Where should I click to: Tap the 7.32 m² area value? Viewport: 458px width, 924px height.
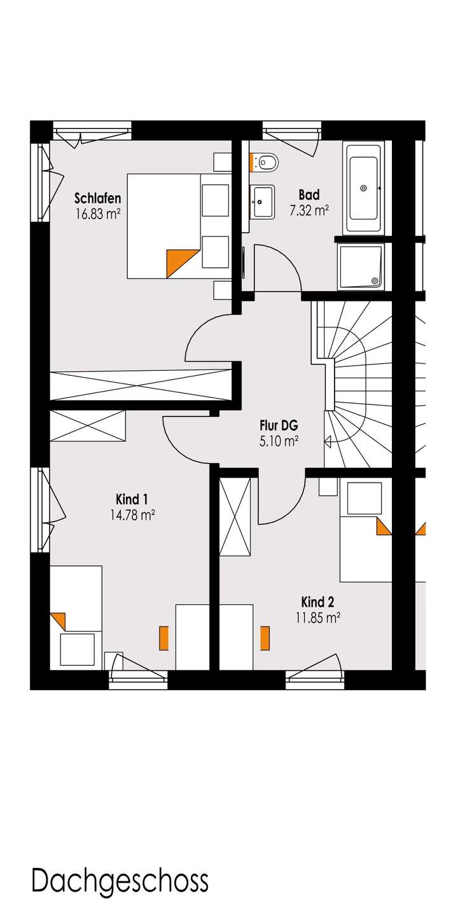[309, 211]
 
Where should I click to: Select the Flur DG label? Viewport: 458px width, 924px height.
[279, 425]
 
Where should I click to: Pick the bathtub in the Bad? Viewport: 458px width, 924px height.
[363, 188]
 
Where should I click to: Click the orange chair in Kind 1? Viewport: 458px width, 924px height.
[163, 638]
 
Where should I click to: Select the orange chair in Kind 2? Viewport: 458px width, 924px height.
[265, 638]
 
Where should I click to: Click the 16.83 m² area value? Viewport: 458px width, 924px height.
[97, 214]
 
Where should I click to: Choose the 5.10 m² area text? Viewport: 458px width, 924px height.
[279, 441]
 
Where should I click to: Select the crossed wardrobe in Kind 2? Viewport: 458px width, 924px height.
[235, 516]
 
